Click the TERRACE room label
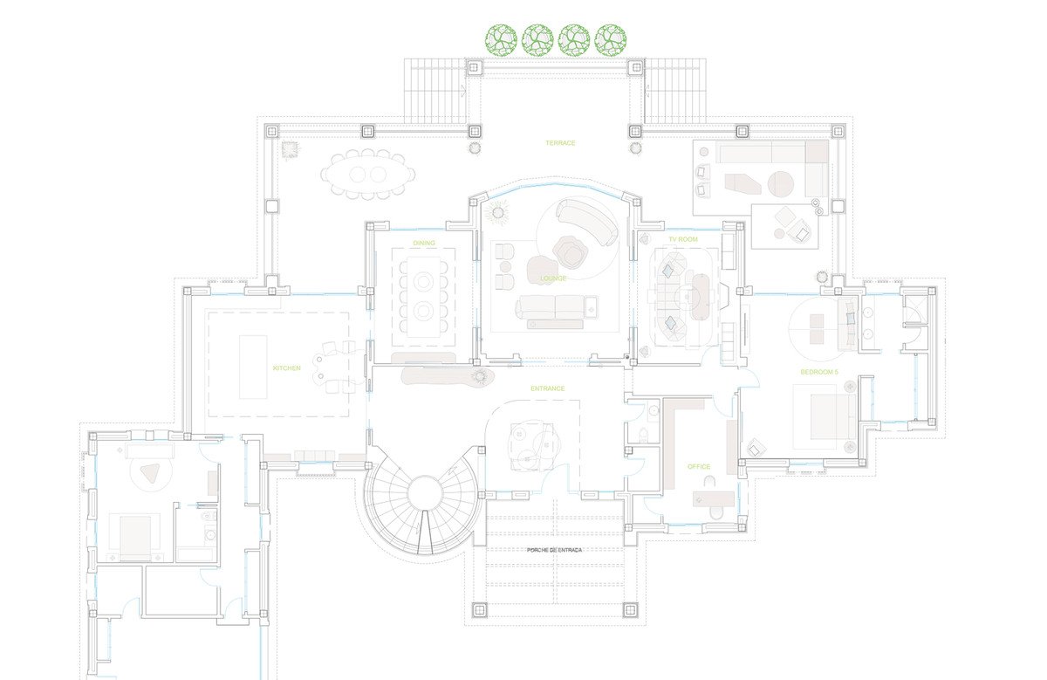pyautogui.click(x=560, y=143)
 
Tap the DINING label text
pyautogui.click(x=424, y=244)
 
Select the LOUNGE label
pyautogui.click(x=553, y=278)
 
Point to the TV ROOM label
pyautogui.click(x=683, y=239)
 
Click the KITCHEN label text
pyautogui.click(x=286, y=368)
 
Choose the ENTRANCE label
pyautogui.click(x=547, y=388)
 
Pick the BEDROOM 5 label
pyautogui.click(x=819, y=372)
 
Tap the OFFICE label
pyautogui.click(x=699, y=467)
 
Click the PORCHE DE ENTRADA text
pyautogui.click(x=554, y=551)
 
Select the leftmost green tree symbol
pyautogui.click(x=501, y=39)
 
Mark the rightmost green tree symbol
pyautogui.click(x=611, y=39)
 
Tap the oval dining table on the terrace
pyautogui.click(x=368, y=175)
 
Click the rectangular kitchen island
pyautogui.click(x=253, y=367)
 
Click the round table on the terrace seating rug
pyautogui.click(x=781, y=183)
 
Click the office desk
pyautogui.click(x=714, y=498)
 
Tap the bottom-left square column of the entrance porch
pyautogui.click(x=479, y=610)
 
